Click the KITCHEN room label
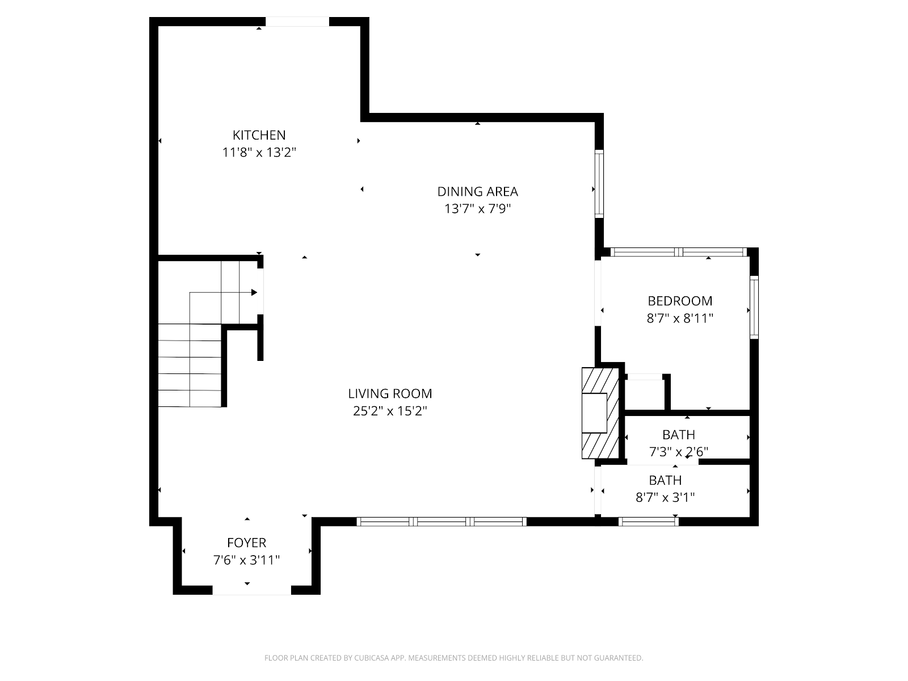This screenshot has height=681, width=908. [259, 135]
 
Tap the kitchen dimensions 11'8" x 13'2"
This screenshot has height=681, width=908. [259, 153]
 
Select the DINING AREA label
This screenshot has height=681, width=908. [477, 191]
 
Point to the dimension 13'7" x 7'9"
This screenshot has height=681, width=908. [477, 209]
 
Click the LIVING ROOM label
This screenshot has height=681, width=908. [390, 394]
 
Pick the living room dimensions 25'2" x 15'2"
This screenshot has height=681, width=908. [390, 411]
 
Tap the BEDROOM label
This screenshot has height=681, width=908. [680, 301]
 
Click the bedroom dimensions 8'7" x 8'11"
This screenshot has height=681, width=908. [680, 318]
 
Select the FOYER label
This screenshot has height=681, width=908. [246, 543]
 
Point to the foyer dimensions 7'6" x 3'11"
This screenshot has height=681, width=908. [246, 560]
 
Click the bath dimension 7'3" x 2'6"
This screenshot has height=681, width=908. [678, 452]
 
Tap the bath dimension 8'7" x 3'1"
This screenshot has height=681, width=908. [665, 497]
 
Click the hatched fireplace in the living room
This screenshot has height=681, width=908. [600, 414]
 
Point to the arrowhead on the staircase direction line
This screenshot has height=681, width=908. [254, 293]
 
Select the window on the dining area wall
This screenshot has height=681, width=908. [599, 183]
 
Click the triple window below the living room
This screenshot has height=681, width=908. [442, 522]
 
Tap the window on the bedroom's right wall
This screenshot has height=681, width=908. [754, 307]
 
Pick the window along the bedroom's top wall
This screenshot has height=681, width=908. [678, 252]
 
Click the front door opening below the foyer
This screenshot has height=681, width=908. [251, 590]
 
